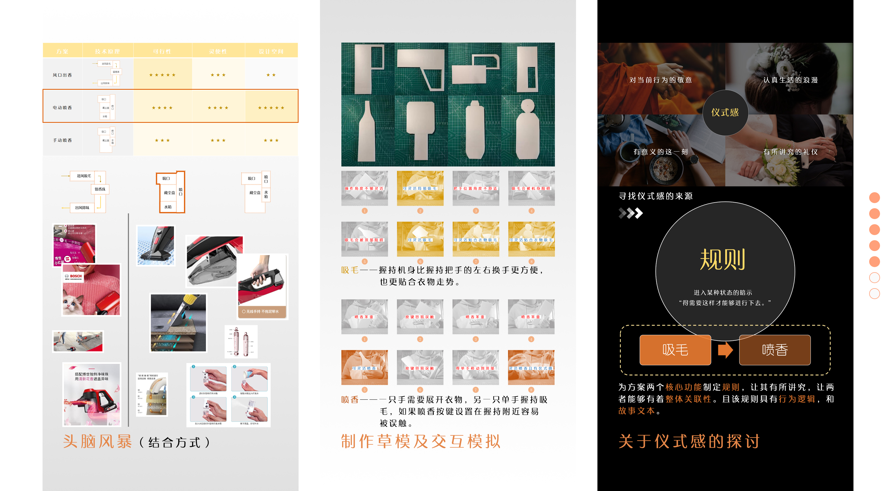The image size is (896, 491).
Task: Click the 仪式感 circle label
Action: tap(725, 113)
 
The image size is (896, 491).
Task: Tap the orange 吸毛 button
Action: tap(675, 350)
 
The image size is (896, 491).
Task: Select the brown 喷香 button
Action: tap(775, 350)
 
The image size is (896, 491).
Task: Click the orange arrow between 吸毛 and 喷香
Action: tap(725, 350)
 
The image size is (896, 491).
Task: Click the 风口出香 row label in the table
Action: tap(62, 75)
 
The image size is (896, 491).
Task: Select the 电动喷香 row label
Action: tap(62, 108)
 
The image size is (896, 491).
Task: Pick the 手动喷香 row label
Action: tap(62, 140)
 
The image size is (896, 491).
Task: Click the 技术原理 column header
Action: tap(108, 51)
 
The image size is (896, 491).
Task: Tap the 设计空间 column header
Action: tap(271, 51)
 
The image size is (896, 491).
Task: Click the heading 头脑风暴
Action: tap(97, 442)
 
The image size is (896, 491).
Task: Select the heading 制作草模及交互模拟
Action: tap(420, 441)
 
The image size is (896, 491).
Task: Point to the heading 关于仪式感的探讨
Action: tap(689, 441)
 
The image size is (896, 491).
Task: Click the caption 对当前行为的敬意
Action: tap(661, 80)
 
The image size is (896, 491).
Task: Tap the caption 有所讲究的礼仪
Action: tap(790, 152)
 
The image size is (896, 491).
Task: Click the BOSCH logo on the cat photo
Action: tap(74, 276)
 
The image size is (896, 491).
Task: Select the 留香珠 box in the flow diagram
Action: tap(100, 189)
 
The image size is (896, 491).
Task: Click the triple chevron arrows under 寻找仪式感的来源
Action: tap(630, 213)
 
